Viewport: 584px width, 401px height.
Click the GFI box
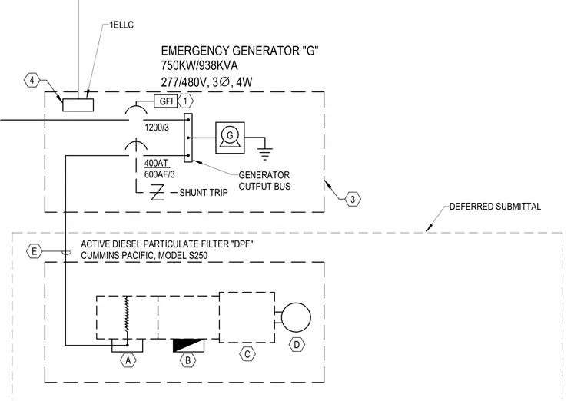point(166,101)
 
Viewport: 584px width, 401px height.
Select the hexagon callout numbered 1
point(185,101)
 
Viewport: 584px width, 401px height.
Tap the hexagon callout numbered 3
point(353,200)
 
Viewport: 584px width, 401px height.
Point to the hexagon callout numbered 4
point(32,81)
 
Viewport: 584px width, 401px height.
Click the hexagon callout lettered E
point(35,252)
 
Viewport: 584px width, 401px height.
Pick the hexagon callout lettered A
point(128,360)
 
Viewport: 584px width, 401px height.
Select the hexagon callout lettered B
point(187,360)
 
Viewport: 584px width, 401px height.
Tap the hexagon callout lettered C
point(247,354)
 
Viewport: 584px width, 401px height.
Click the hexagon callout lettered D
point(297,345)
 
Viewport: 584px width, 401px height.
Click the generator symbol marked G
point(231,138)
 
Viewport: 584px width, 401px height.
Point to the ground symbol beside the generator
point(265,154)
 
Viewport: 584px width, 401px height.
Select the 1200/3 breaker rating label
point(157,128)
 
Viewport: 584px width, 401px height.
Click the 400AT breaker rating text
point(156,163)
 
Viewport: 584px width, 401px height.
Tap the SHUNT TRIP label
point(204,193)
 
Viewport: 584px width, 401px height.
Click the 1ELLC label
point(121,25)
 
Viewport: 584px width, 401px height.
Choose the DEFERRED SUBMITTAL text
point(495,207)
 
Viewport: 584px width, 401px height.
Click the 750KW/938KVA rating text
point(199,65)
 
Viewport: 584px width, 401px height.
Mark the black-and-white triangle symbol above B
point(189,346)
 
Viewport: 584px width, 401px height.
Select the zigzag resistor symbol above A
point(127,313)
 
